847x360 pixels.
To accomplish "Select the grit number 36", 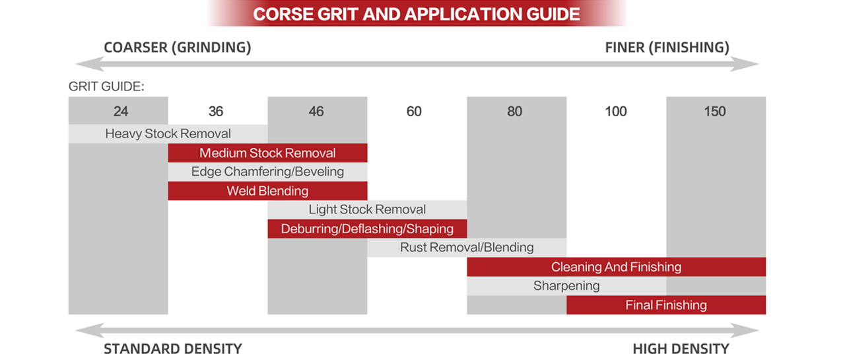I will (216, 111).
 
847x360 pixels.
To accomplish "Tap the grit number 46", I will (316, 111).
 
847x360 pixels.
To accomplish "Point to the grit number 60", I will (414, 111).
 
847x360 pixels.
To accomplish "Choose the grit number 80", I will (515, 111).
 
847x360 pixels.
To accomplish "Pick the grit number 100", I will (616, 111).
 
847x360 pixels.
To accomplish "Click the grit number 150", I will (715, 111).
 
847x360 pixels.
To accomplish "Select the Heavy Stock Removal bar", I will (168, 134).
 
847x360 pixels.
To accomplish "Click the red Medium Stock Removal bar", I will (267, 153).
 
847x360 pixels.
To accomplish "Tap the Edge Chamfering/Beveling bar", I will (267, 172).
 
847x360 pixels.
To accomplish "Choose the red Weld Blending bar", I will (267, 191).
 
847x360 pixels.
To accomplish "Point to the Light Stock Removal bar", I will (367, 210).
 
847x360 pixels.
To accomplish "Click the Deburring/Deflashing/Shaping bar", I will (367, 229).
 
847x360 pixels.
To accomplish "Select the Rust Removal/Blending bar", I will (467, 248).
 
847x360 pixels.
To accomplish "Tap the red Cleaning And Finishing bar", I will (616, 267).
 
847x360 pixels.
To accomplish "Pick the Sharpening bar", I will (566, 286).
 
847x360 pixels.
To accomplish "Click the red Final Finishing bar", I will (666, 305).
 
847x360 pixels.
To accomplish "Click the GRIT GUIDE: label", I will (106, 87).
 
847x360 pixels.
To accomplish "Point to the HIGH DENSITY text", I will (681, 349).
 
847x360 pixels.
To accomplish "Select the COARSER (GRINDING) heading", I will (177, 48).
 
